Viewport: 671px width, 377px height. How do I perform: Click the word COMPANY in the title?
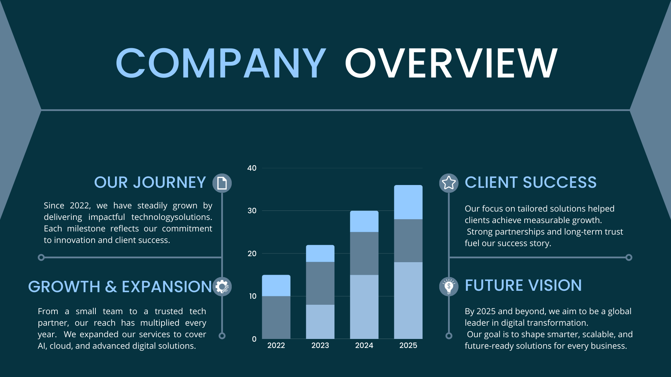click(221, 63)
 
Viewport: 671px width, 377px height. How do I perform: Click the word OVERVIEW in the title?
click(451, 63)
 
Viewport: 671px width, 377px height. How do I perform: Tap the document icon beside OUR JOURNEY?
click(222, 183)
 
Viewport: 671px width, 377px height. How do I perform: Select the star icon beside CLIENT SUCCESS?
click(449, 183)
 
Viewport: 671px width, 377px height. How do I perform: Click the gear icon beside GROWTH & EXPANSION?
click(222, 287)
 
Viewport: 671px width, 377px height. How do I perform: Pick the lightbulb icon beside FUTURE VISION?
click(449, 287)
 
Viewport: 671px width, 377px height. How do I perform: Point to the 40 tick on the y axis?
click(252, 168)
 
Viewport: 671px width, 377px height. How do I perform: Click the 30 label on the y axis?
click(252, 211)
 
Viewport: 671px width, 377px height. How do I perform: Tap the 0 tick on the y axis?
click(254, 339)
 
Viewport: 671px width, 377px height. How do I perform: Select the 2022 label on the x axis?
click(276, 346)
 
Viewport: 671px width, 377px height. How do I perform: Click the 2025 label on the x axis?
click(408, 346)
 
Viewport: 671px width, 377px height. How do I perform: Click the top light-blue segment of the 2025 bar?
click(408, 202)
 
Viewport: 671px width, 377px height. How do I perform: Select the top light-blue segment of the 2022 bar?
click(276, 286)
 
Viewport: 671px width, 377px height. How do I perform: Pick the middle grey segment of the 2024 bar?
click(364, 253)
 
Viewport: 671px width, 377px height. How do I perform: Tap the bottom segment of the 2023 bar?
click(320, 322)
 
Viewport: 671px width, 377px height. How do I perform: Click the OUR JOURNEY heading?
click(150, 183)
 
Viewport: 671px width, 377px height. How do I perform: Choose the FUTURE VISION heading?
click(523, 286)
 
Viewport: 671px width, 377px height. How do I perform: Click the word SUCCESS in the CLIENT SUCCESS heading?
click(560, 183)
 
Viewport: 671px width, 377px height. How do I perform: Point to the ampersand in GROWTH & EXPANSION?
click(111, 287)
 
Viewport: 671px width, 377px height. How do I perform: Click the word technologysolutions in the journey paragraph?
click(172, 217)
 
